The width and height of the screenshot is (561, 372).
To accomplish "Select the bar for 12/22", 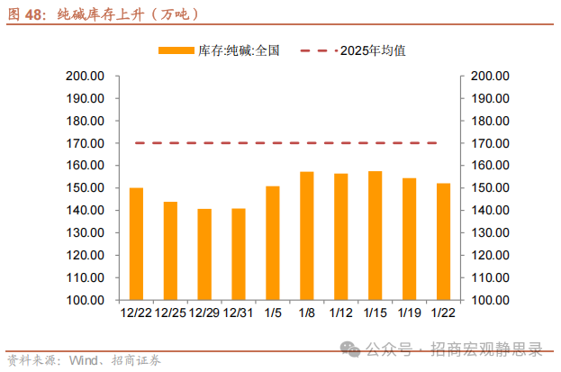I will click(136, 243).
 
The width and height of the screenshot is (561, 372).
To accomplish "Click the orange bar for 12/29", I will click(204, 254).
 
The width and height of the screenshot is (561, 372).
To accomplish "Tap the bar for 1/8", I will click(306, 235).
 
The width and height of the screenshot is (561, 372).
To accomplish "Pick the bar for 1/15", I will click(375, 235).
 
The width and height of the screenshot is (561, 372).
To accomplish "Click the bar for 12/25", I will click(170, 250).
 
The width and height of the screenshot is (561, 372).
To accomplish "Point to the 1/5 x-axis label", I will click(272, 313).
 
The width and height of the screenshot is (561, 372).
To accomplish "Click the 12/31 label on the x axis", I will click(239, 313).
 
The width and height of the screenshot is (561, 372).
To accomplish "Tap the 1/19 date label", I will click(409, 313).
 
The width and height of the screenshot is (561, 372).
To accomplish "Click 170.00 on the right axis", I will click(490, 143).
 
